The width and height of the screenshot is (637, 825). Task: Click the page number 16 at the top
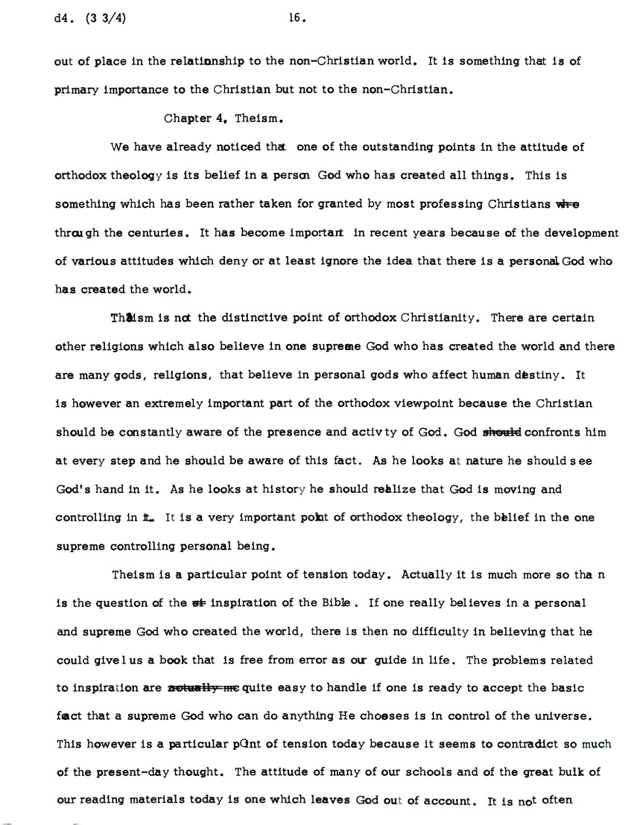(x=297, y=20)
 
